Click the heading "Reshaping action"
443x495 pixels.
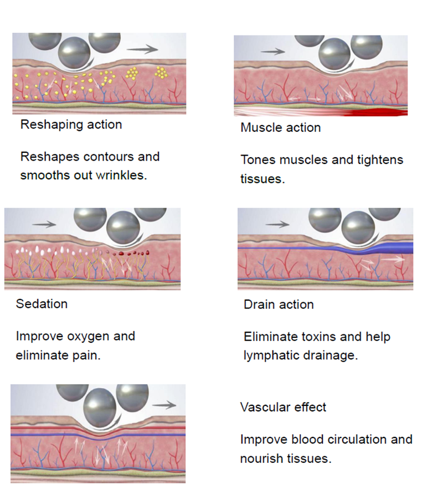(x=71, y=125)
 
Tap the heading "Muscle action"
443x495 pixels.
(x=280, y=128)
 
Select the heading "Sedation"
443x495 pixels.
(x=42, y=304)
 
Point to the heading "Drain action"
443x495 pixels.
(x=279, y=305)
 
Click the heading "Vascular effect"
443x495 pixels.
(x=283, y=408)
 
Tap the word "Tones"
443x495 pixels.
(x=258, y=161)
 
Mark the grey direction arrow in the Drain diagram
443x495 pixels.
(x=277, y=224)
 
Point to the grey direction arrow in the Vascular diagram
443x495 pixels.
(x=164, y=405)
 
